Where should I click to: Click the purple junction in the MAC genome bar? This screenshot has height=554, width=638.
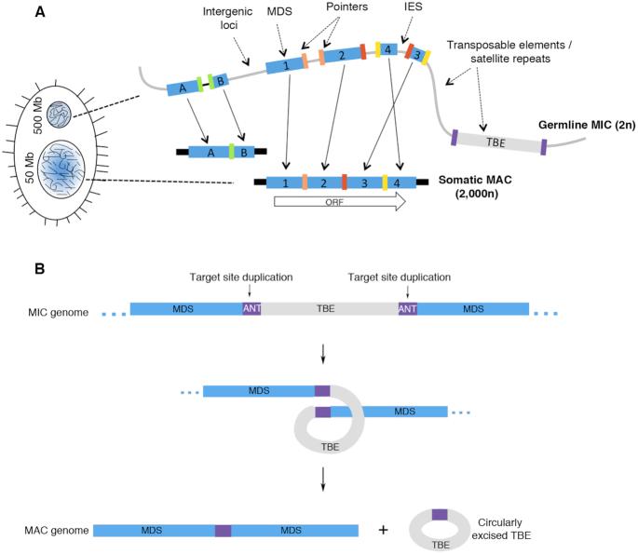224,530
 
